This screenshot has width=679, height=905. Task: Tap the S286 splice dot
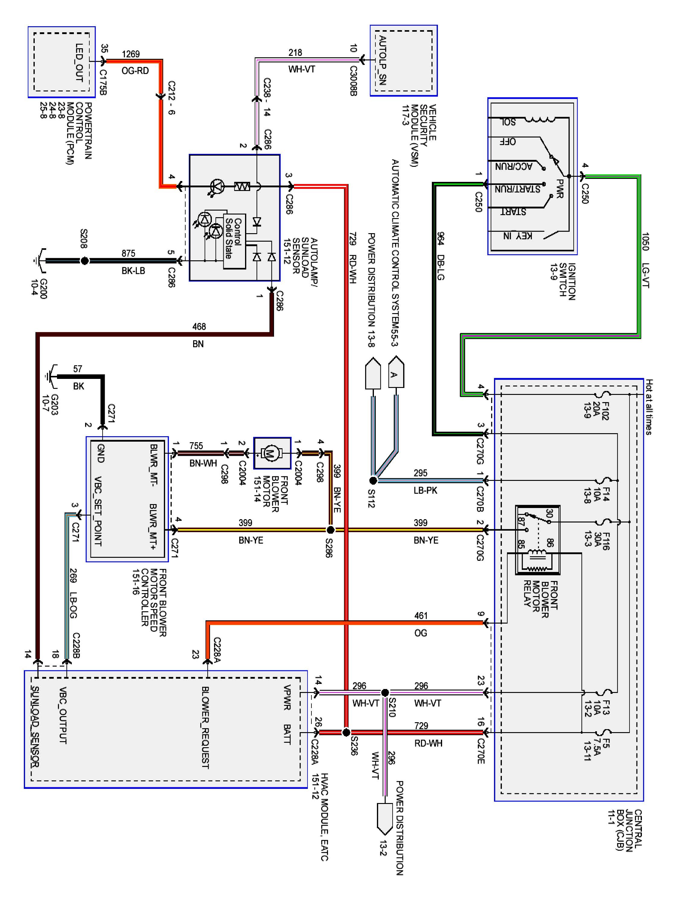330,530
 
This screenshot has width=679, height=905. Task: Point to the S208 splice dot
84,261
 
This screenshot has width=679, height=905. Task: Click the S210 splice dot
385,693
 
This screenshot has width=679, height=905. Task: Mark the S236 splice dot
346,732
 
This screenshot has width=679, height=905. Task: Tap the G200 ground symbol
40,261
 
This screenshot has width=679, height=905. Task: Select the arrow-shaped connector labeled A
396,372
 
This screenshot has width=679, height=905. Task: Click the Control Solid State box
234,241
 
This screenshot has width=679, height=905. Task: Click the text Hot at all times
649,407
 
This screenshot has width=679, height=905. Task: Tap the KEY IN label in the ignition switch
518,236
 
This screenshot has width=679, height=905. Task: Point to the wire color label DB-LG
440,268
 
